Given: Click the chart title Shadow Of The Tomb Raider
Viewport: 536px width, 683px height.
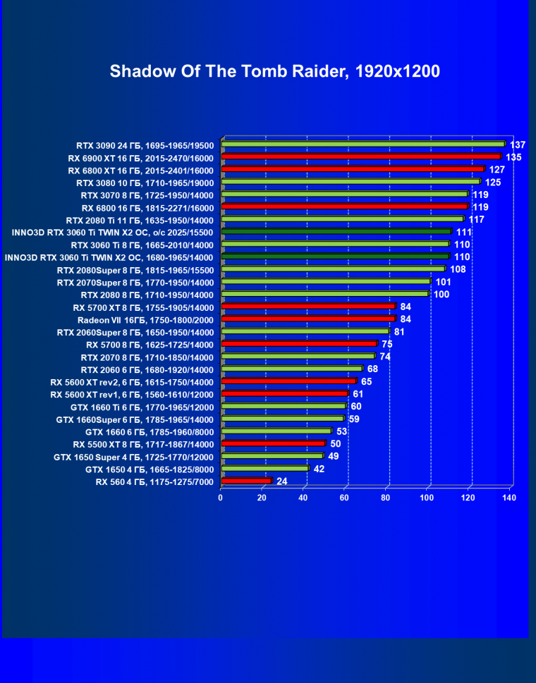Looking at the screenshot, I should tap(274, 71).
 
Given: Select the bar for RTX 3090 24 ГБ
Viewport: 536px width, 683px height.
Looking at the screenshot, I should tap(363, 144).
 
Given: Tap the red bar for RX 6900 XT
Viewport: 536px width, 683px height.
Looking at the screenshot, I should tap(361, 157).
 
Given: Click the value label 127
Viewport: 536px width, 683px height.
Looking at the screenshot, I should tap(497, 170).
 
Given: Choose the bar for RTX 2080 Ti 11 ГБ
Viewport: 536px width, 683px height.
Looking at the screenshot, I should tap(343, 219).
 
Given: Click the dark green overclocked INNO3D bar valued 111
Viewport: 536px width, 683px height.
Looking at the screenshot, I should tap(336, 231).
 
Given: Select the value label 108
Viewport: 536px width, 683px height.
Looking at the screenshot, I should tap(458, 269).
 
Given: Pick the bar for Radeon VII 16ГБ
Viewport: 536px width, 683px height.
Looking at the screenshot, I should tap(308, 319).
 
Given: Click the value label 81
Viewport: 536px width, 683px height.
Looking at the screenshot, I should tap(399, 331).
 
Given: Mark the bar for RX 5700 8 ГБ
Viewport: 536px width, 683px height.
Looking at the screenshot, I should tap(299, 344).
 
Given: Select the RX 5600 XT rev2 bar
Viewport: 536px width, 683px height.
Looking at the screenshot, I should tap(288, 381).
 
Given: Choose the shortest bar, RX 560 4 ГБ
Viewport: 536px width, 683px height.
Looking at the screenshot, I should tap(246, 481).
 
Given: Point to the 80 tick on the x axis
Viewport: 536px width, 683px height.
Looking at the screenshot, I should tap(386, 498).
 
